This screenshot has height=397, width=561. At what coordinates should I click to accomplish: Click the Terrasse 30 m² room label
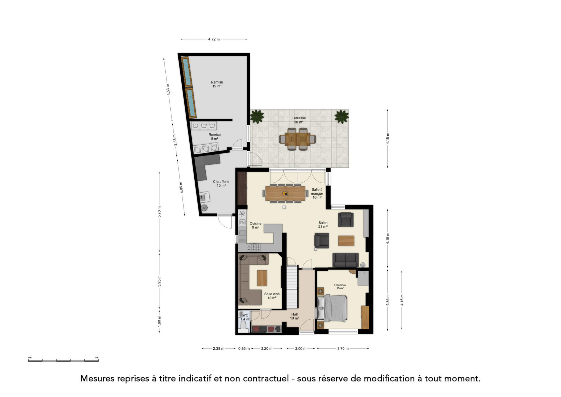coord(299,120)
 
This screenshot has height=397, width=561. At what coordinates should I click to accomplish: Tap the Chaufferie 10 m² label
coord(221,184)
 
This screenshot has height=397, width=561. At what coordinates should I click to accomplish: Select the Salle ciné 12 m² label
coord(272,296)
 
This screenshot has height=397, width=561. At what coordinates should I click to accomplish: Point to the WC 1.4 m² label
coord(245,317)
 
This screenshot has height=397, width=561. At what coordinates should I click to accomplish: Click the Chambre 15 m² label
coord(340,287)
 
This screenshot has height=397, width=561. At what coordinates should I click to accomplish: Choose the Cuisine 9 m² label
coord(256,226)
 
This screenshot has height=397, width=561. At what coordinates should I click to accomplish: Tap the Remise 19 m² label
coord(217,84)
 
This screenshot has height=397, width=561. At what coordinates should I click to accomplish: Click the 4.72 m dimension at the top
coord(214,39)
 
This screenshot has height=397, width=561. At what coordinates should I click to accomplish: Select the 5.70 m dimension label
coord(159,212)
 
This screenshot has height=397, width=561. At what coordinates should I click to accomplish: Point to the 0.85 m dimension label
coord(244,348)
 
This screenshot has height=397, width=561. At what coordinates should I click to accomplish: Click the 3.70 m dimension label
coord(343,348)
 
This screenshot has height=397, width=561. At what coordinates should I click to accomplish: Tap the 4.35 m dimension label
coord(388,300)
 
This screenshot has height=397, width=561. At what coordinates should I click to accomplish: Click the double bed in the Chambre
coord(332,308)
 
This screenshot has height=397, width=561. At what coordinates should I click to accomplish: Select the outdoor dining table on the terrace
coord(297,139)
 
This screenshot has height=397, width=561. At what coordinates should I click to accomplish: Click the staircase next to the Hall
coord(292,287)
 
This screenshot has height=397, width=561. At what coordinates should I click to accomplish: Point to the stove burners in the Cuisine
coord(253,247)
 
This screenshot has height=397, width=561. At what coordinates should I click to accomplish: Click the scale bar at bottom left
coord(63,360)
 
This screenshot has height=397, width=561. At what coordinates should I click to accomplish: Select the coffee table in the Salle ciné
coord(262,278)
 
